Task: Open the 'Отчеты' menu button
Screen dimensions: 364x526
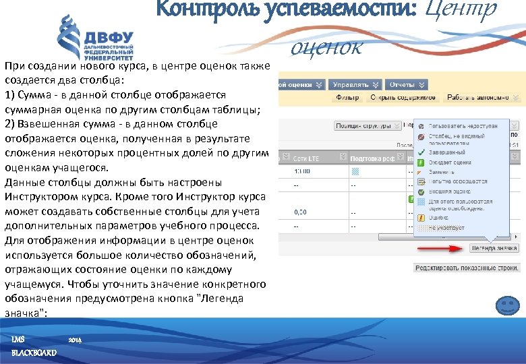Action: (x=407, y=85)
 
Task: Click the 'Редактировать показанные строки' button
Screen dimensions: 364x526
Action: (x=467, y=268)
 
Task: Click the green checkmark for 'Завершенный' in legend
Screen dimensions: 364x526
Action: (x=421, y=153)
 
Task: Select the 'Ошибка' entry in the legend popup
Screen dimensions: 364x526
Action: (x=439, y=218)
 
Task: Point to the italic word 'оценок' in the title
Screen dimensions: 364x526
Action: (x=327, y=47)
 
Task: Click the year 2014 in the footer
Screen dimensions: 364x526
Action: (x=75, y=340)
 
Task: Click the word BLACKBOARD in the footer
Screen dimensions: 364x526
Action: (x=34, y=353)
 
